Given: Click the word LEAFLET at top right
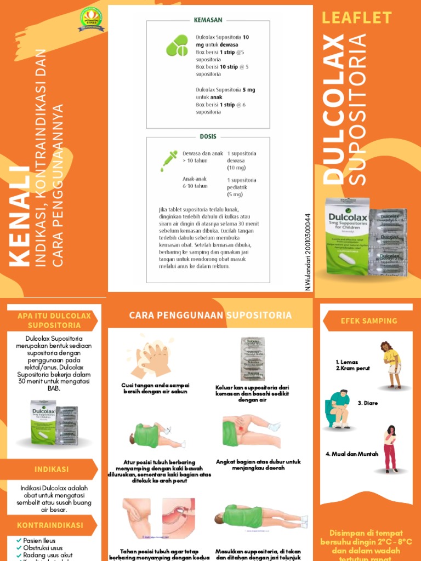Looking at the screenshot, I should (357, 18).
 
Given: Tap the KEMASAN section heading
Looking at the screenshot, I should (208, 20).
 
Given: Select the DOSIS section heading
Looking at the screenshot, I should (208, 136).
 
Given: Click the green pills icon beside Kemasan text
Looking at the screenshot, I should (177, 45).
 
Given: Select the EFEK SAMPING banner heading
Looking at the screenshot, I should (368, 321).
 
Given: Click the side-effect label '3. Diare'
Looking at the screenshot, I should (368, 403).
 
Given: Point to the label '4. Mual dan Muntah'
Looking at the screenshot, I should (351, 454).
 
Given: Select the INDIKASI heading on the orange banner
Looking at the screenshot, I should (52, 470).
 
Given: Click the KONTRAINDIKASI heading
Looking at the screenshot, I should (50, 525).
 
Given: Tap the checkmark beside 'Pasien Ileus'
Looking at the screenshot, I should (19, 540).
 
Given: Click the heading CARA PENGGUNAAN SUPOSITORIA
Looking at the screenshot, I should (210, 315).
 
